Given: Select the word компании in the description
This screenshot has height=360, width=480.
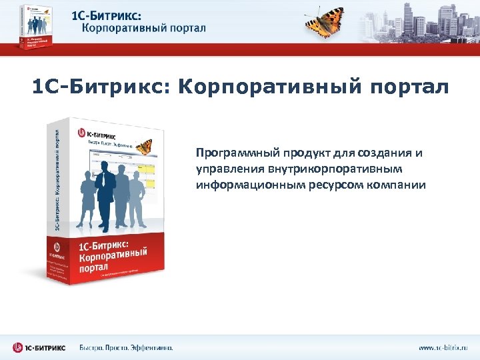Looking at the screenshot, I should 396,184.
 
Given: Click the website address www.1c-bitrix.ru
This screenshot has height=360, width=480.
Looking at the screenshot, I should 443,347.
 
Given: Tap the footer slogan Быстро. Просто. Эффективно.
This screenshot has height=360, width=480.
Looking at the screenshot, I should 127,347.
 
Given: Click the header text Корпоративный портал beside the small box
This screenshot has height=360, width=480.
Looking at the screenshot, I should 143,29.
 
